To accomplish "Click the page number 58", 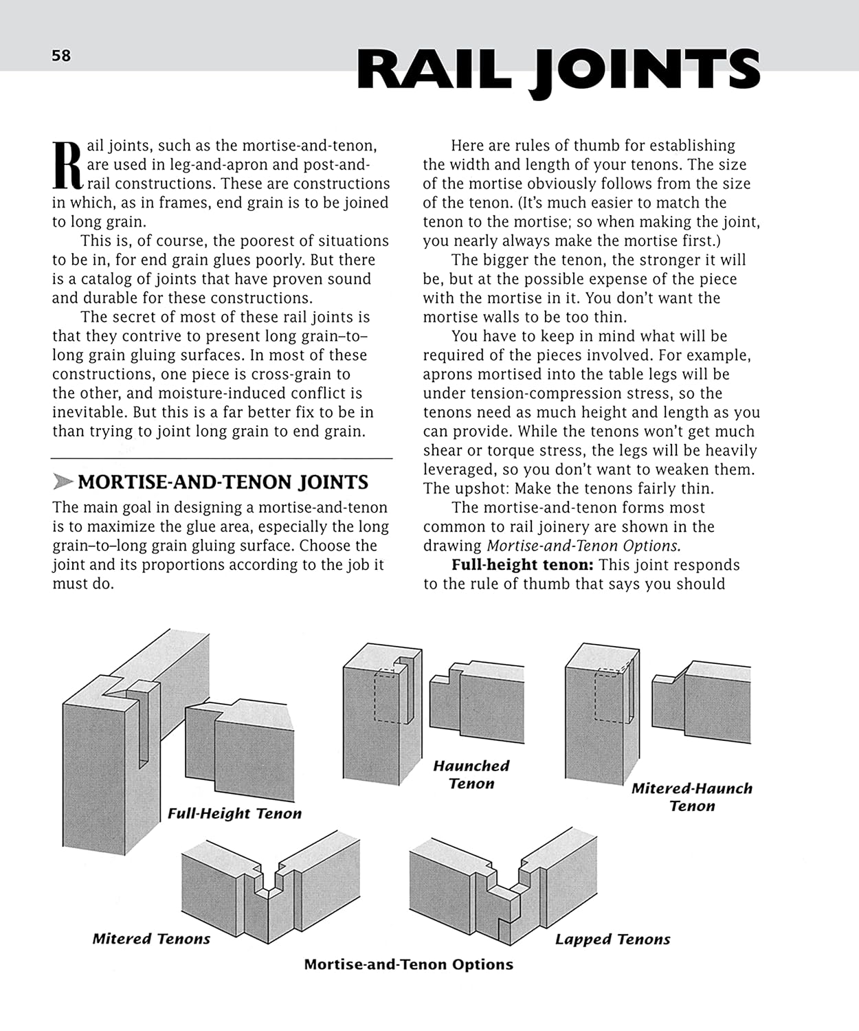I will [x=61, y=56].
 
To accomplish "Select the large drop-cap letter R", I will [x=67, y=166].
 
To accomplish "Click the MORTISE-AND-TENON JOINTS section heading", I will [x=223, y=483].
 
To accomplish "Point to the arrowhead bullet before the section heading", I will [x=63, y=483].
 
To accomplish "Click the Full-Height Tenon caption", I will [x=234, y=814].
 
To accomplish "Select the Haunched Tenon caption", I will [x=471, y=775].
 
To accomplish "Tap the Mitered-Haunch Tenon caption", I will [x=692, y=797].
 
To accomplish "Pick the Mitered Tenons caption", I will [x=151, y=939].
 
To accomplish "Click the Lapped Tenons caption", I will [x=612, y=940].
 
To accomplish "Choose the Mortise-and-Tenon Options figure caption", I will [x=408, y=964].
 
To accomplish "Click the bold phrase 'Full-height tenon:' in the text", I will [x=522, y=565].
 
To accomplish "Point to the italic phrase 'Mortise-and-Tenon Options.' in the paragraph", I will [x=583, y=546].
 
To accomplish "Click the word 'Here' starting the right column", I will [x=468, y=146].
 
